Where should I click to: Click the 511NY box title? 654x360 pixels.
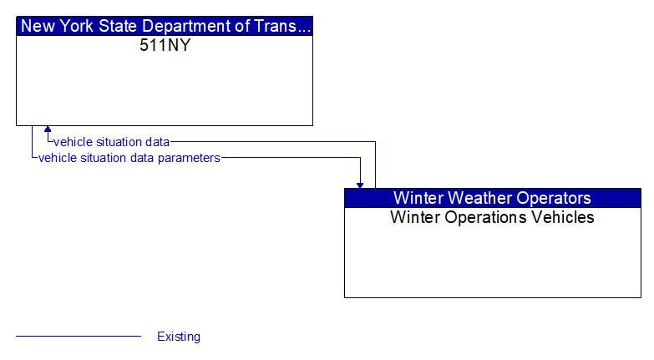[x=165, y=45]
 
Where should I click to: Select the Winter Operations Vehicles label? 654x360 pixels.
[x=492, y=217]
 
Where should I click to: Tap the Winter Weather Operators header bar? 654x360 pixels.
[x=492, y=198]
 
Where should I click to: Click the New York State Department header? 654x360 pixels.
[x=165, y=26]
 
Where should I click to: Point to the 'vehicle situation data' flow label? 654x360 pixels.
[x=112, y=142]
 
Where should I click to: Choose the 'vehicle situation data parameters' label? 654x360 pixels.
[x=129, y=157]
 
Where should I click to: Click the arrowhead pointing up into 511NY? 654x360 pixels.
[x=48, y=130]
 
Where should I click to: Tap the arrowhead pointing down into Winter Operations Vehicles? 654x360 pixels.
[x=360, y=184]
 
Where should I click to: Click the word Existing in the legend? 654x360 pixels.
[x=179, y=337]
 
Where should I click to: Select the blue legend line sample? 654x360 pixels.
[x=79, y=336]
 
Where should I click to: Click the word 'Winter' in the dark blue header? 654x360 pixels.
[x=417, y=198]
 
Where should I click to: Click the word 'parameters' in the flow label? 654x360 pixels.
[x=191, y=157]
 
